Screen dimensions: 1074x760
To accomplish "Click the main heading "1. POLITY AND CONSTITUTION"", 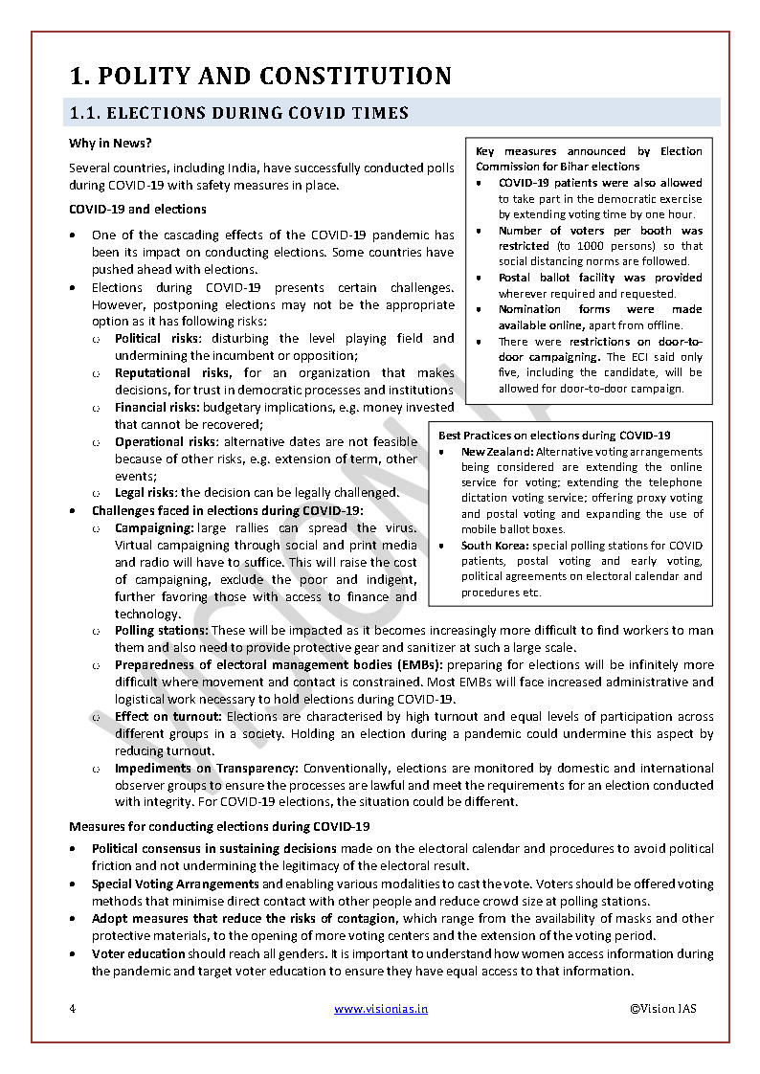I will click(260, 76).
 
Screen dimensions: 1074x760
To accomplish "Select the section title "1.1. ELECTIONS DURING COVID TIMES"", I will click(238, 113).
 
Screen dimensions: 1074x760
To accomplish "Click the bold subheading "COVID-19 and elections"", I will click(138, 209).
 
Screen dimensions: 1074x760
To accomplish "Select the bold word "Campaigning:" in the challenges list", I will click(154, 527).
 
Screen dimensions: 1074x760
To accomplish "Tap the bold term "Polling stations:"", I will click(161, 631).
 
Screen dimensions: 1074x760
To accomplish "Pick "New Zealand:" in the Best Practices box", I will click(497, 452).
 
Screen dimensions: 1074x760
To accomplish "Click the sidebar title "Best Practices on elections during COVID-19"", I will click(554, 436).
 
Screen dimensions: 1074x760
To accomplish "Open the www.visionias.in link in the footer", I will click(381, 1009).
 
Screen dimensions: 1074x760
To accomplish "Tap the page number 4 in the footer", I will click(72, 1009).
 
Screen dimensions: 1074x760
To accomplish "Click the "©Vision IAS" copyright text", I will click(663, 1009).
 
